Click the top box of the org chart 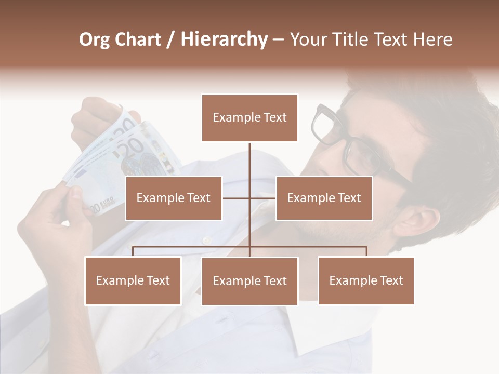click(x=249, y=118)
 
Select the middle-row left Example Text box click(x=174, y=198)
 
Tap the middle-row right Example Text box click(x=324, y=198)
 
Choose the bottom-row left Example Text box click(x=133, y=280)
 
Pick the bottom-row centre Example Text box click(x=249, y=281)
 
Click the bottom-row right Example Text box click(x=366, y=280)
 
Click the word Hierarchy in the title click(x=224, y=39)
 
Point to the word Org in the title click(x=95, y=39)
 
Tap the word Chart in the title click(x=138, y=39)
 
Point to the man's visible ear click(x=416, y=221)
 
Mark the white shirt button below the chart click(x=207, y=239)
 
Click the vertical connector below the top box click(x=249, y=161)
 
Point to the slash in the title click(x=170, y=39)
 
